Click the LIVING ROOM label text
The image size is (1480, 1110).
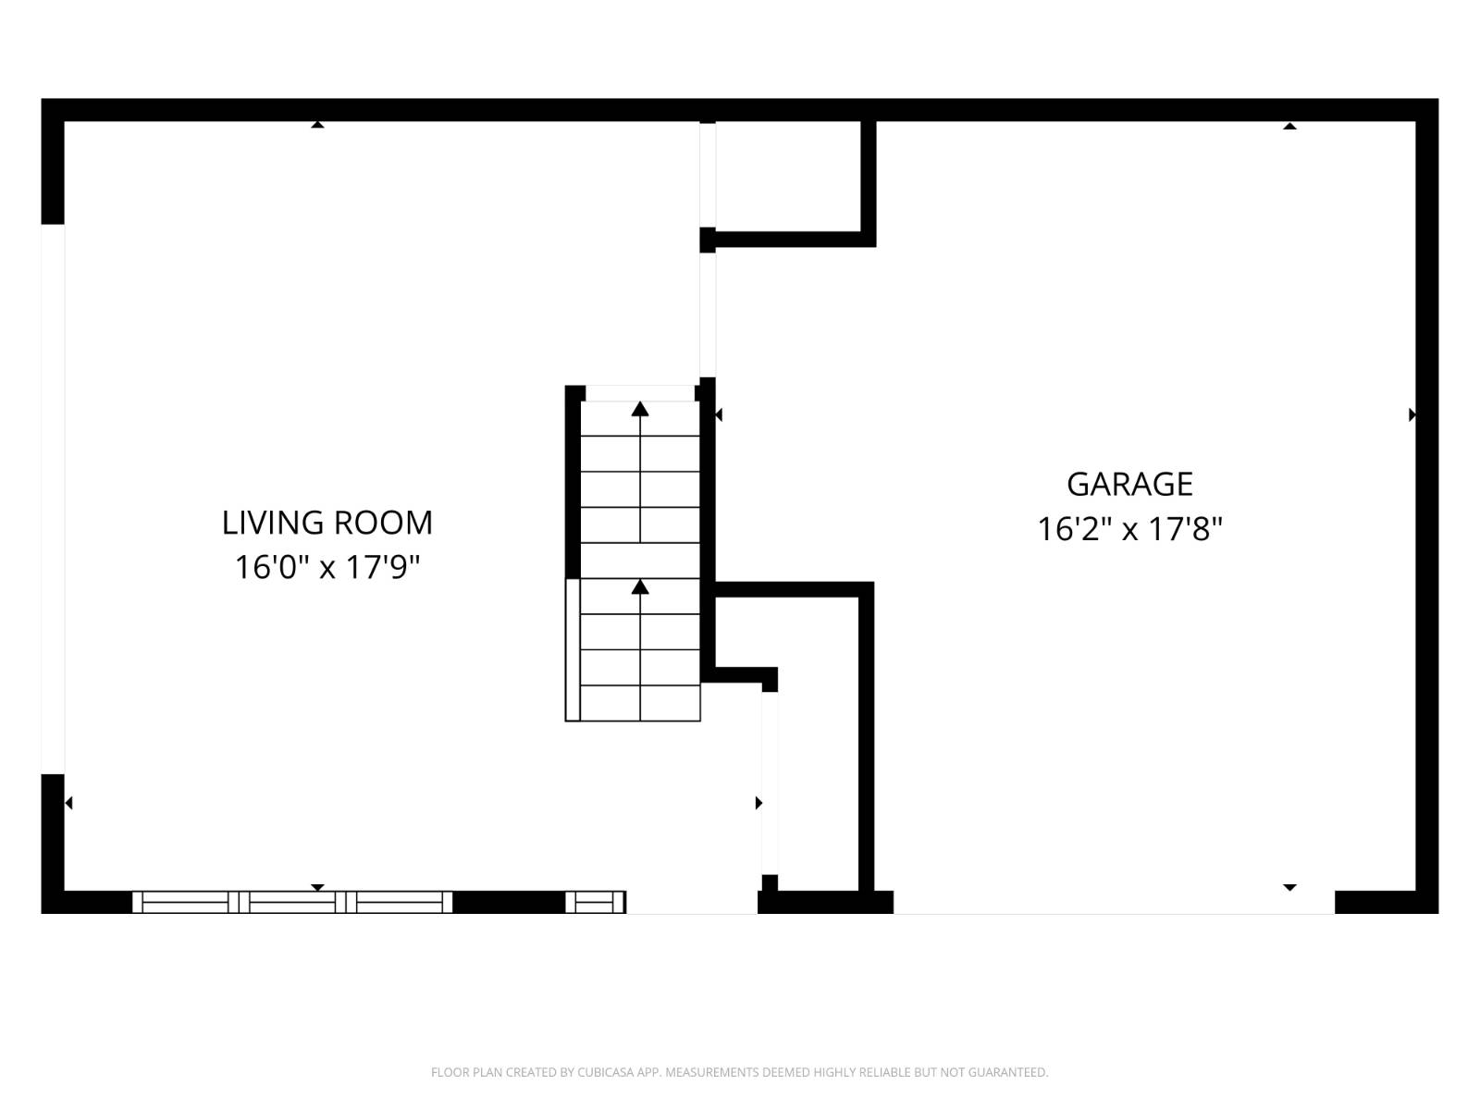tap(327, 523)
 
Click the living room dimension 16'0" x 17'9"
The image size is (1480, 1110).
tap(327, 567)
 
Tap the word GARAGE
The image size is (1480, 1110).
tap(1129, 484)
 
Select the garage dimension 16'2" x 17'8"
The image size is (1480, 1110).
tap(1129, 529)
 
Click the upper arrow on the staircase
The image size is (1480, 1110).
tap(640, 409)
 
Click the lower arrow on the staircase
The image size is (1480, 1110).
tap(640, 586)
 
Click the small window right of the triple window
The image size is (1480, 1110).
tap(595, 902)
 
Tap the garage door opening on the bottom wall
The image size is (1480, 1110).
tap(1114, 903)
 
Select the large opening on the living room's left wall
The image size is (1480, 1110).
tap(53, 499)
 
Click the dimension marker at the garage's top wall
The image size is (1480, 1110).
tap(1289, 126)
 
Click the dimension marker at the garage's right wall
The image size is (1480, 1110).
tap(1412, 414)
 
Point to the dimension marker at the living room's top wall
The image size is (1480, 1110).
tap(317, 124)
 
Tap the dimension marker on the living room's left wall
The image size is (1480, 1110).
tap(68, 803)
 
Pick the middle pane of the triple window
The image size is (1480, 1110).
tap(292, 902)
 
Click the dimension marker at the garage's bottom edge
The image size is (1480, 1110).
tap(1289, 887)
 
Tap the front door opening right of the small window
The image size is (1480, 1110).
tap(692, 903)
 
